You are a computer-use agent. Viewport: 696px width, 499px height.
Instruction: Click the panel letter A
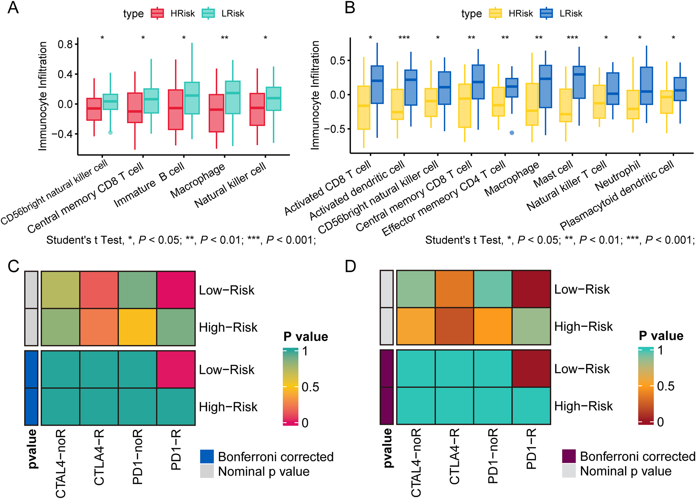coord(13,7)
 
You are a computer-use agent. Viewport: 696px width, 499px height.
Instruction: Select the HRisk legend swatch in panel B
coord(495,14)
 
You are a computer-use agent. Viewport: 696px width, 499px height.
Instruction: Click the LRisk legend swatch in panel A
coord(208,14)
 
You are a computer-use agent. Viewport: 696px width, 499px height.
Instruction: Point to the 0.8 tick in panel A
coord(65,44)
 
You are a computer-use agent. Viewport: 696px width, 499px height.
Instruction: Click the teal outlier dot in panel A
coord(110,132)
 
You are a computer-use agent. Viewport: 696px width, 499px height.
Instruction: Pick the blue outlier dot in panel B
coord(512,133)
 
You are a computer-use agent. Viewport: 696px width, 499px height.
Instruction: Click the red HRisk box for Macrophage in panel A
coord(216,113)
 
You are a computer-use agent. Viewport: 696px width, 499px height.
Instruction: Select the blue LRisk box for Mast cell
coord(579,82)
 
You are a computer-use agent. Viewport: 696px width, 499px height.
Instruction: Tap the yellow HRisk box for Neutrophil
coord(633,104)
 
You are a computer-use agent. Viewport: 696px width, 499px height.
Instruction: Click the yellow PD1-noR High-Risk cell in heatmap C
coord(137,327)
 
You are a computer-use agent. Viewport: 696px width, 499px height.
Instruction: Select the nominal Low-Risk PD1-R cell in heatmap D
coord(531,289)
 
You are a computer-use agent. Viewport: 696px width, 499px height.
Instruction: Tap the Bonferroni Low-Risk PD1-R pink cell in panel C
coord(176,369)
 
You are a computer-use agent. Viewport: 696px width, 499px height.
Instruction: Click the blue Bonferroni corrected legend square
coord(207,457)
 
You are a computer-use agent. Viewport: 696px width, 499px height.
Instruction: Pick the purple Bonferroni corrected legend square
coord(569,456)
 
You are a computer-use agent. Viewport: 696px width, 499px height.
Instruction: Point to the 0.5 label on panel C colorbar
coord(310,387)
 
